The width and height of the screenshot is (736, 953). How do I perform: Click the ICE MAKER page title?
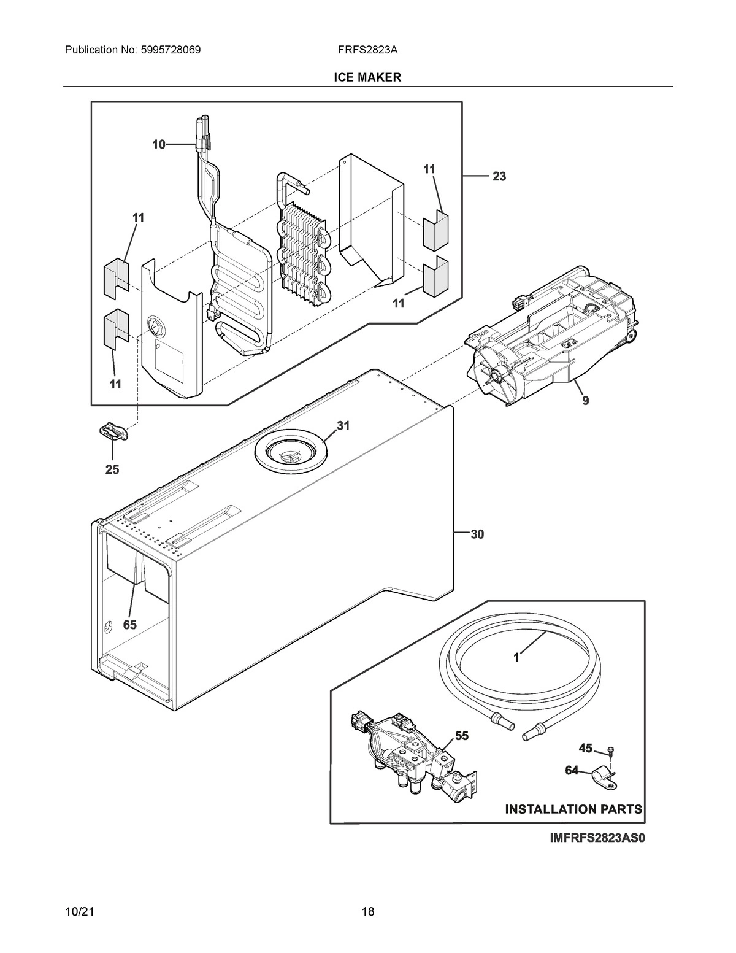tap(367, 77)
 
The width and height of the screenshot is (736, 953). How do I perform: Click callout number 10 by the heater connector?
tap(159, 145)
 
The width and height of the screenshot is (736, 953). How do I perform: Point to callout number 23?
tap(499, 177)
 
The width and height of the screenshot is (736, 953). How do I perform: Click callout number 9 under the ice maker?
tap(585, 401)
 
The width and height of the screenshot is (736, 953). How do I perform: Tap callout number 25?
tap(112, 469)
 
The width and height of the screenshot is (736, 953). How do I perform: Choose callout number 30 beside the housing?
tap(477, 534)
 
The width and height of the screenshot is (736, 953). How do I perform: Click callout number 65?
tap(129, 625)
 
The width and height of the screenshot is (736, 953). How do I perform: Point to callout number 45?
tap(585, 748)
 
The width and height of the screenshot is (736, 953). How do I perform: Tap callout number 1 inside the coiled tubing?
tap(516, 657)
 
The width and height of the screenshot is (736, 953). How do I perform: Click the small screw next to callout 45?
tap(611, 750)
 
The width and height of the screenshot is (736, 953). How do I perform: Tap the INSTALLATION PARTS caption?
tap(573, 809)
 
